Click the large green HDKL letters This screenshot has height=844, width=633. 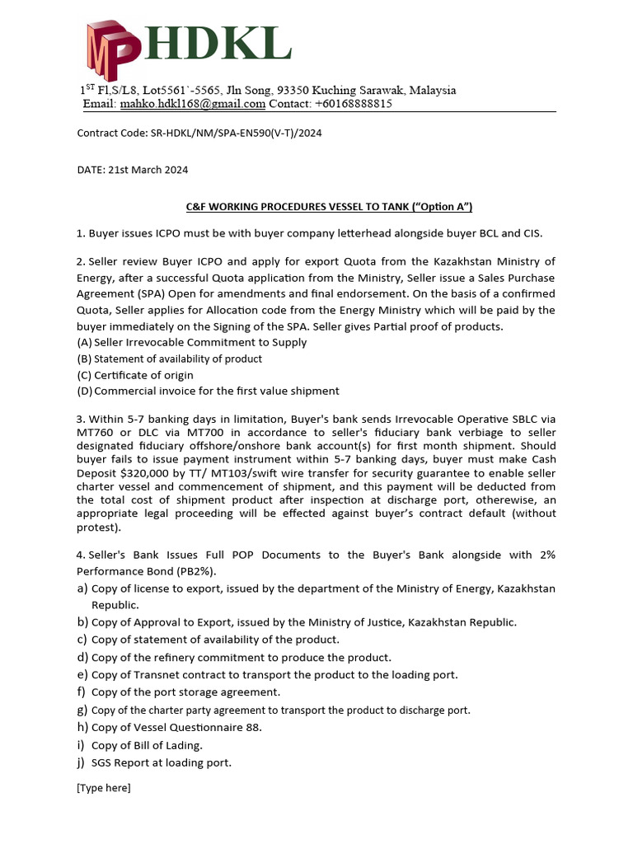click(218, 43)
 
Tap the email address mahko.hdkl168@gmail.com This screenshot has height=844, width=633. click(192, 105)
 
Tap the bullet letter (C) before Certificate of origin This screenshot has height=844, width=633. click(83, 375)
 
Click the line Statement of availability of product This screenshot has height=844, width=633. click(178, 359)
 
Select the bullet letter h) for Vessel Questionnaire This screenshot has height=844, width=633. click(82, 727)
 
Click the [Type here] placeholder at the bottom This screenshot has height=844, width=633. click(103, 788)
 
